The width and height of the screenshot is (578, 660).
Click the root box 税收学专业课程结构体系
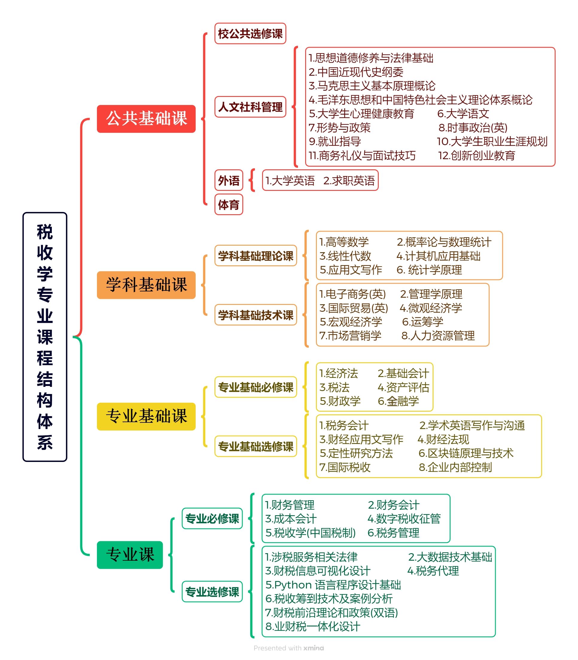pos(45,337)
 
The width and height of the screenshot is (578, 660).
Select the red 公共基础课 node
pos(146,118)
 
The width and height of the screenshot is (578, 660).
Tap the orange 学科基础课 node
pos(146,285)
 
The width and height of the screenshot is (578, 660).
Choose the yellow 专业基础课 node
pos(146,416)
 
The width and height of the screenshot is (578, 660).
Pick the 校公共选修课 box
pos(250,33)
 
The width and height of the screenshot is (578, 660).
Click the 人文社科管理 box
pos(250,107)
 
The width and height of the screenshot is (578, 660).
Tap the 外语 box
pos(229,180)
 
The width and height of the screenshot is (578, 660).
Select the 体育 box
pos(229,204)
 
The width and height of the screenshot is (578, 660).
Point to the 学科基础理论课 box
pos(256,256)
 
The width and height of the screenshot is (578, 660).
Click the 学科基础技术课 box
pos(256,314)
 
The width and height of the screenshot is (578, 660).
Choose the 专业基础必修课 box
pos(256,387)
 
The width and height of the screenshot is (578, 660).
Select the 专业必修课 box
pos(212,518)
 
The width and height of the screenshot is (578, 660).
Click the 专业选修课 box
pos(212,591)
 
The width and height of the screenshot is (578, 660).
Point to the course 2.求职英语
pos(349,180)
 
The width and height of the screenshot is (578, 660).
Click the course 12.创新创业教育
pos(476,156)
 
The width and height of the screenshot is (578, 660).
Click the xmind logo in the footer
pos(314,648)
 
